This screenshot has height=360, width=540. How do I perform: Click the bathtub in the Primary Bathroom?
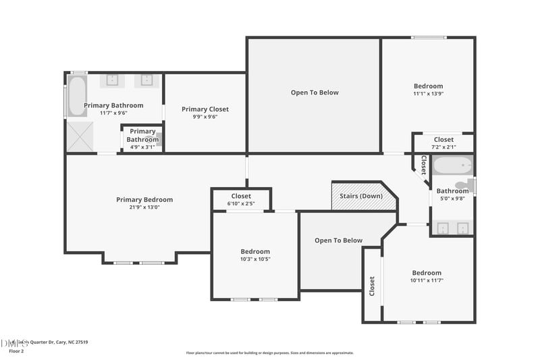(76, 97)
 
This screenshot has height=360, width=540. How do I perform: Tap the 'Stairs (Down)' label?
(361, 196)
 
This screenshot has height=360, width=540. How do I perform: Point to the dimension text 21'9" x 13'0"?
(144, 207)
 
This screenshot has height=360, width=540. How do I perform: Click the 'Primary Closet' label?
(205, 109)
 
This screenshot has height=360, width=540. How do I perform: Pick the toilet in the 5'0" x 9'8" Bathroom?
(464, 184)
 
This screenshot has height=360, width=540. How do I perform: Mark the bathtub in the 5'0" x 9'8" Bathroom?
(452, 165)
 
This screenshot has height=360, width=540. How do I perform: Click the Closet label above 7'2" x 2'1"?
(443, 140)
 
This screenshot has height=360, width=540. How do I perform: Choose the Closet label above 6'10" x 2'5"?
(241, 196)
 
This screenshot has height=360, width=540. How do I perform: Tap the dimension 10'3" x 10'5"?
(255, 259)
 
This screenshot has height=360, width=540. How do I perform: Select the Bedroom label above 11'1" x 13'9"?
(428, 86)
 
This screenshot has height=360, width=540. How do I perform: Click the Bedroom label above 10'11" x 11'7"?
(427, 273)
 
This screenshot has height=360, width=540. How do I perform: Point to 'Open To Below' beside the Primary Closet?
(315, 93)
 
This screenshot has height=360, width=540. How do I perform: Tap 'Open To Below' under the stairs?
(338, 240)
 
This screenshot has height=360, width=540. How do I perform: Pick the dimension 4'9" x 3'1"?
(142, 147)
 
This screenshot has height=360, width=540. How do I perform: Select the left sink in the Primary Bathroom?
(113, 80)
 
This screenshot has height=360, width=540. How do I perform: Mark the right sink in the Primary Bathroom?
(147, 80)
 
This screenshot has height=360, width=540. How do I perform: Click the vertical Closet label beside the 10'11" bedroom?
(371, 286)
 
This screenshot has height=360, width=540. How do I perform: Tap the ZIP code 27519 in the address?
(80, 342)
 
